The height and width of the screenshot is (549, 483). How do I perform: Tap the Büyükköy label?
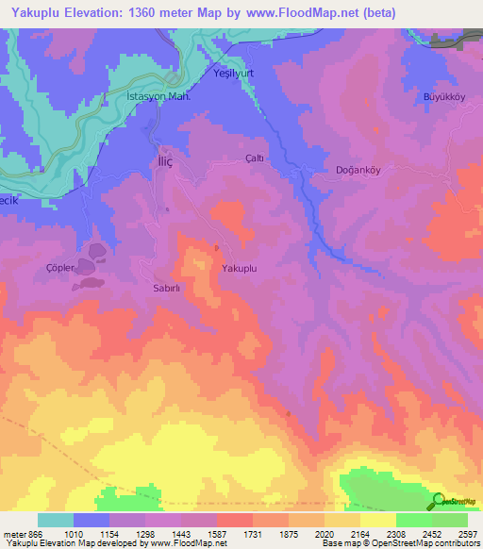point(440,97)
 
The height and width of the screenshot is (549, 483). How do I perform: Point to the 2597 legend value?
point(467,535)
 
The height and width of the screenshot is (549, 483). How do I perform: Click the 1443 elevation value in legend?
point(198,535)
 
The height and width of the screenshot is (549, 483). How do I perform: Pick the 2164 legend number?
point(359,535)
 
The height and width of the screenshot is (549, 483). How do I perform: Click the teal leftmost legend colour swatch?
point(56,520)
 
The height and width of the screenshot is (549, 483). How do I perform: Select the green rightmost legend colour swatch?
point(450,520)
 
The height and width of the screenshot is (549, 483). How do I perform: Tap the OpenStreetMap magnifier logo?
point(437,501)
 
